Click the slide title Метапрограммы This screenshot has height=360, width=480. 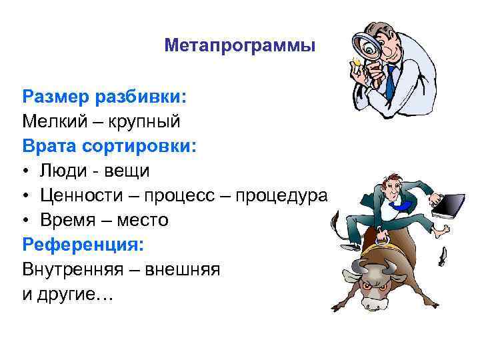coord(239,46)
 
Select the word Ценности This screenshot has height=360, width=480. coord(82,195)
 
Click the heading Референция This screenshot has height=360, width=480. coord(83,244)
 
